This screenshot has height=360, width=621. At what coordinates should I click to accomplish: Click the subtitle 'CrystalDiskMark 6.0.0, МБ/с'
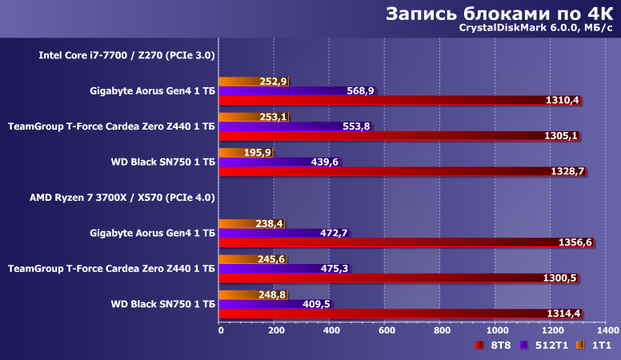[x=535, y=30]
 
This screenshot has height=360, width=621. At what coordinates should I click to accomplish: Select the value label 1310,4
[x=562, y=101]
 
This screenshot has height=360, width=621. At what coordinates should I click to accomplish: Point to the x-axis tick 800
[x=442, y=329]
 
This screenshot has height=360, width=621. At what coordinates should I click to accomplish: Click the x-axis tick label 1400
[x=607, y=329]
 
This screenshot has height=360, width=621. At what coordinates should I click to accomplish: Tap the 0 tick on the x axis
[x=221, y=329]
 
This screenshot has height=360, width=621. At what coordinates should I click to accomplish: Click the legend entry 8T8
[x=495, y=345]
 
